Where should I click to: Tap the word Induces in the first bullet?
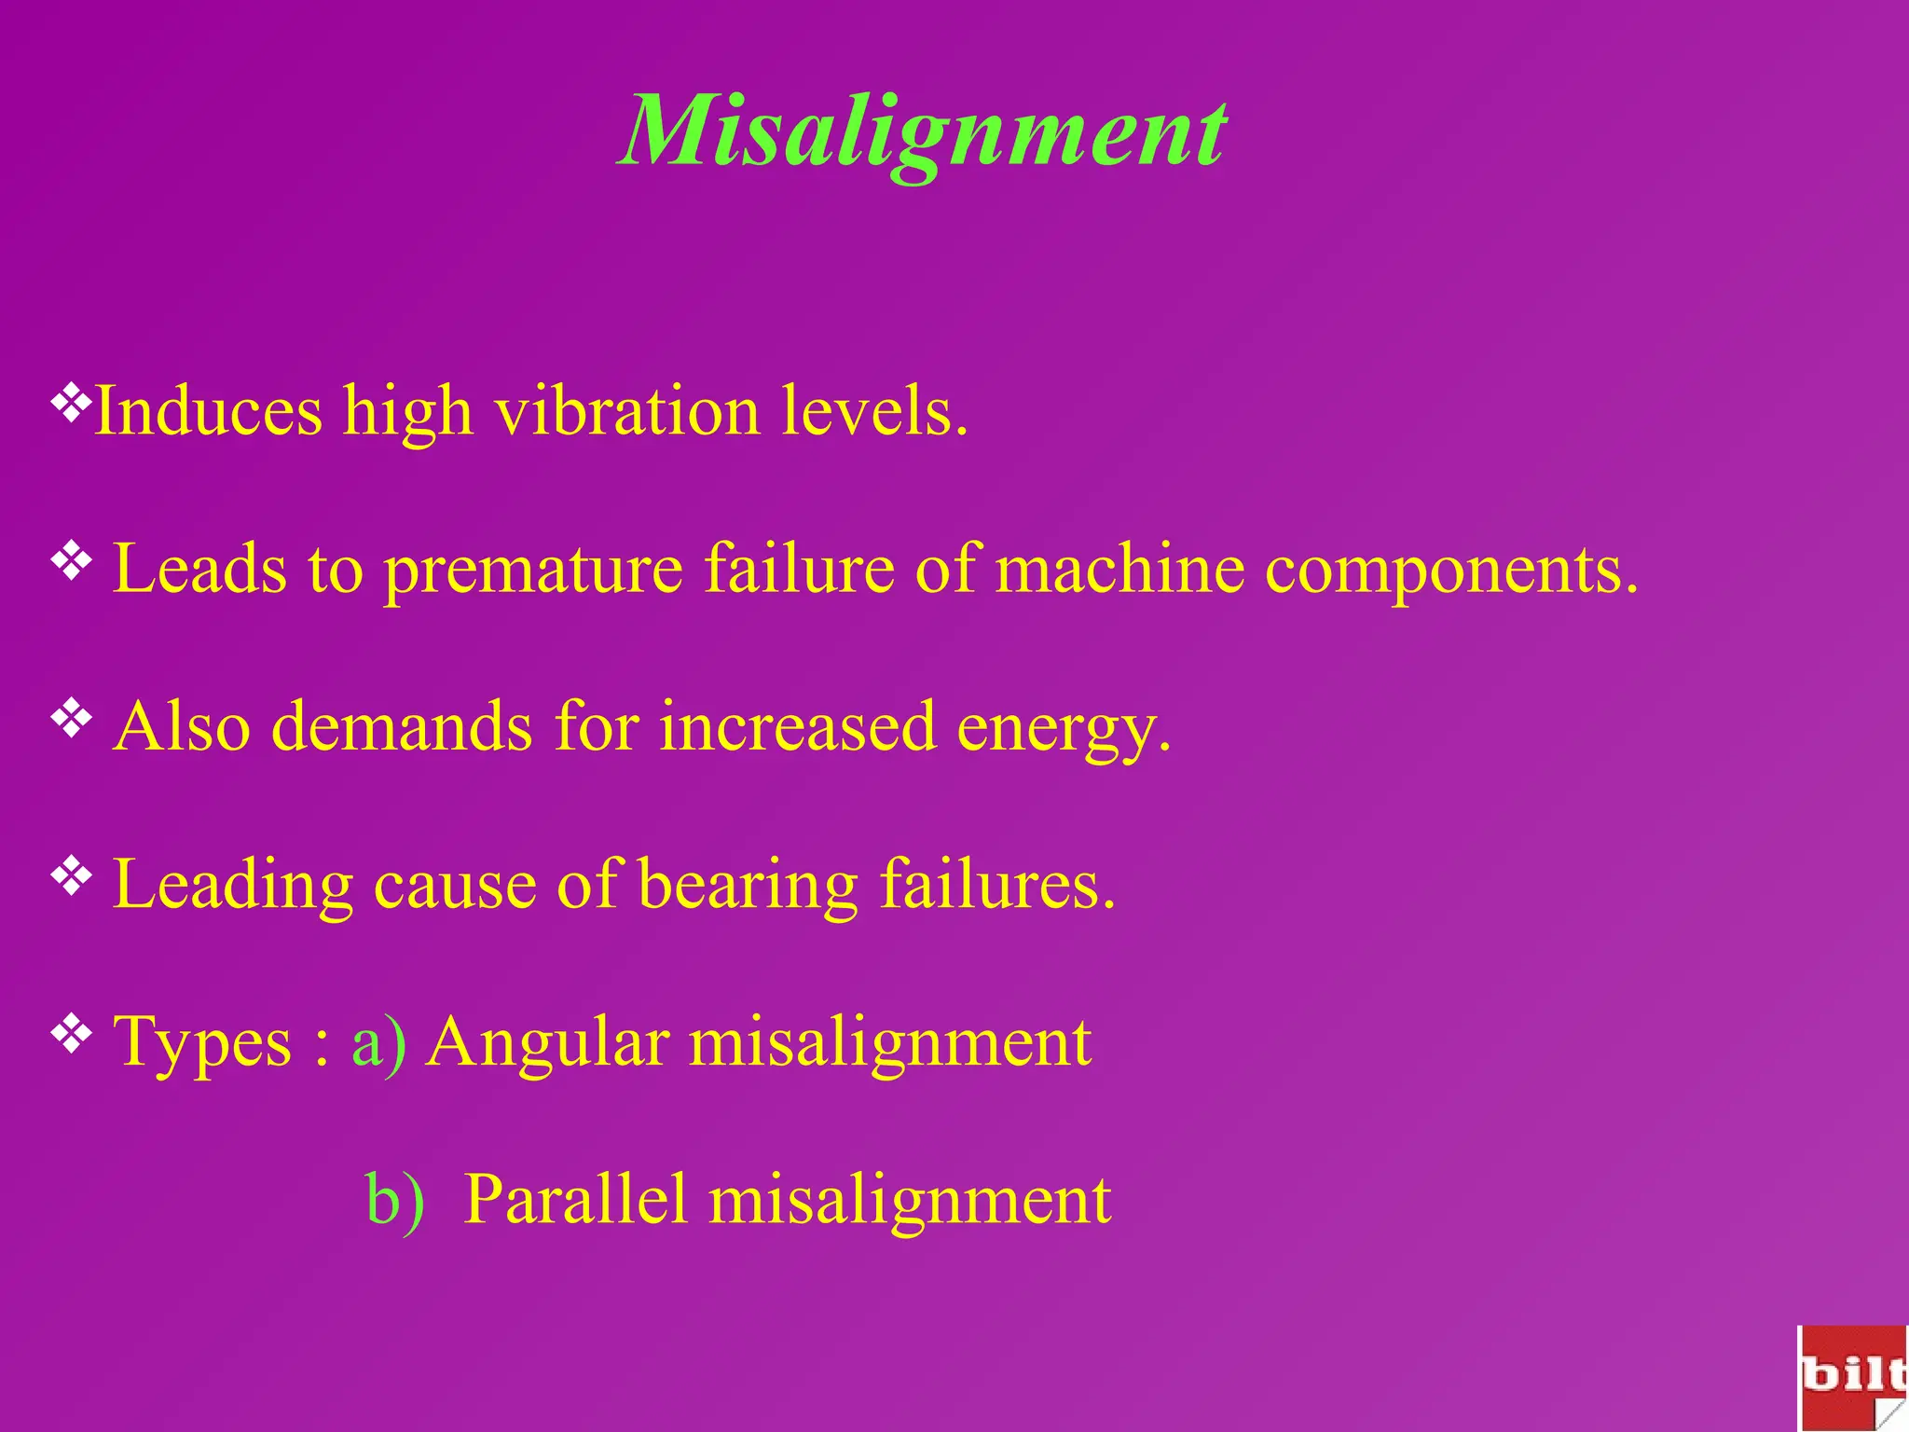pos(209,410)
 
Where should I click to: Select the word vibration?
pos(626,410)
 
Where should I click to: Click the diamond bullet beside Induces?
pos(71,403)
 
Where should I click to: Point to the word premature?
pos(533,569)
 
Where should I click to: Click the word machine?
pos(1119,569)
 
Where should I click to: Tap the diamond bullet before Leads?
pos(71,561)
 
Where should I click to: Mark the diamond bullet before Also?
pos(71,719)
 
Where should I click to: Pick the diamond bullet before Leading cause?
pos(71,876)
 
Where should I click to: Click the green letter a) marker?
pos(378,1042)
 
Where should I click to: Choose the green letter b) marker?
pos(394,1199)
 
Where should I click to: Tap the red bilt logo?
pos(1851,1376)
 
